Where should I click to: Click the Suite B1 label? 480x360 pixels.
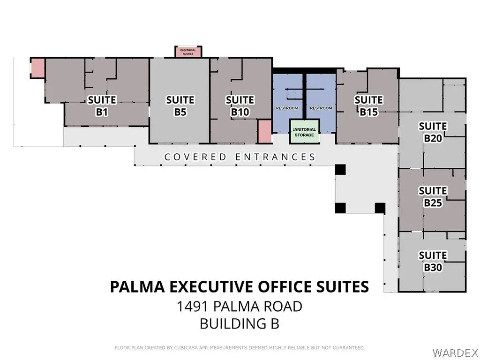point(102,106)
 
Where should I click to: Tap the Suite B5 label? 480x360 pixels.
point(180,106)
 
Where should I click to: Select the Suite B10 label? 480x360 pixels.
point(240,106)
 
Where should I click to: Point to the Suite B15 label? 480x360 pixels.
point(368,106)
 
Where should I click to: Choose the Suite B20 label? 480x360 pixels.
point(433,132)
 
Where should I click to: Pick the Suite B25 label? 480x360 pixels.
point(433,197)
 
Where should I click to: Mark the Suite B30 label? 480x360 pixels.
point(433,262)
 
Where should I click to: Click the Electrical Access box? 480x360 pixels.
point(188,52)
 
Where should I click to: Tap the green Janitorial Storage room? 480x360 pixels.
point(304,132)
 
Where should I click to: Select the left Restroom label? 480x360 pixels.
point(287,108)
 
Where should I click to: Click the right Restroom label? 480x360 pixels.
point(321,108)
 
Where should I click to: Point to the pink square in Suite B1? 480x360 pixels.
point(38,67)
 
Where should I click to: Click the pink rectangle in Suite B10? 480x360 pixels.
point(264,131)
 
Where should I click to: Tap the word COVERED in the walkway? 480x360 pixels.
point(195,157)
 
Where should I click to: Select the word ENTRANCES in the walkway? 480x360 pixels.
point(275,157)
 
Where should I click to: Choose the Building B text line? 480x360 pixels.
point(240,323)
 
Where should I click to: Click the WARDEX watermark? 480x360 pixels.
point(455,352)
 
